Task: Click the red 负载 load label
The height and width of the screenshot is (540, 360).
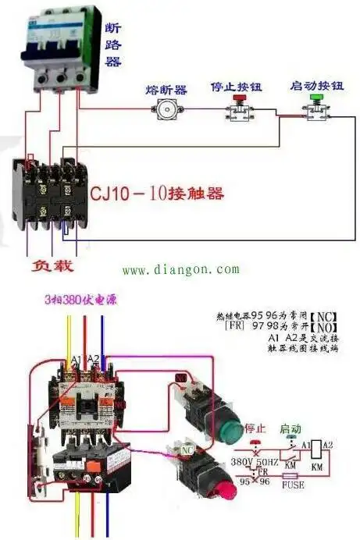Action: (x=52, y=267)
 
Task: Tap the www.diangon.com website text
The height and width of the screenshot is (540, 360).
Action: (x=180, y=270)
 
